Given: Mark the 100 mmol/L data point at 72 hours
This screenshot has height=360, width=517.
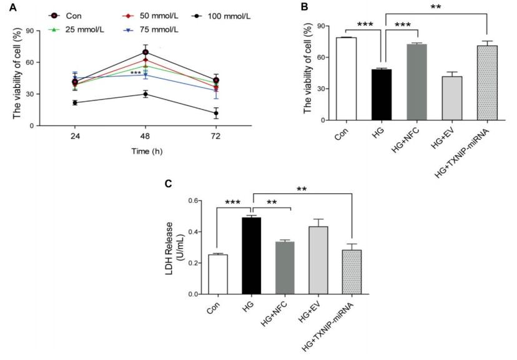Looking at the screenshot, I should (216, 113).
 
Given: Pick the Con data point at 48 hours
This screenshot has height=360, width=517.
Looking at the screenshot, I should (145, 52).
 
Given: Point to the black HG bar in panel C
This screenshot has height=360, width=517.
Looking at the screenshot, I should (252, 255).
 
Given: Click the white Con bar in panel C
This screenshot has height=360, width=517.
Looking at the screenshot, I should (217, 274).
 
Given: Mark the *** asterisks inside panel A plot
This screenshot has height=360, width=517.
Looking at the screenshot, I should (135, 73).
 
